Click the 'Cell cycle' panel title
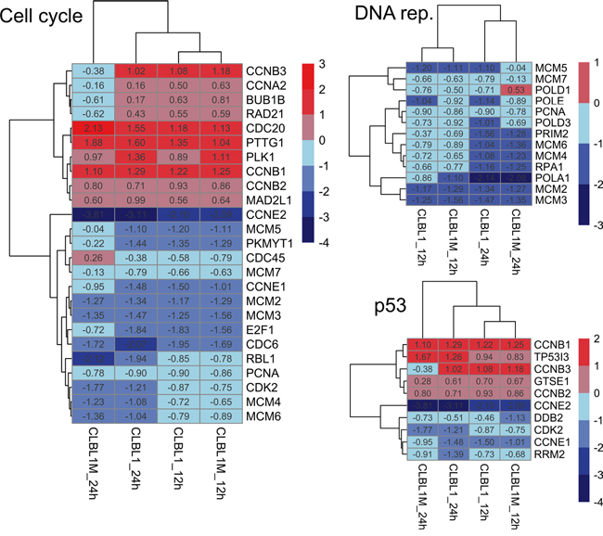pyautogui.click(x=44, y=16)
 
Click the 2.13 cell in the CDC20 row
pyautogui.click(x=93, y=128)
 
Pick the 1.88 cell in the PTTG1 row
pyautogui.click(x=93, y=143)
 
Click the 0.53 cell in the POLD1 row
pyautogui.click(x=519, y=89)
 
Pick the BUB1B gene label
pyautogui.click(x=263, y=99)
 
